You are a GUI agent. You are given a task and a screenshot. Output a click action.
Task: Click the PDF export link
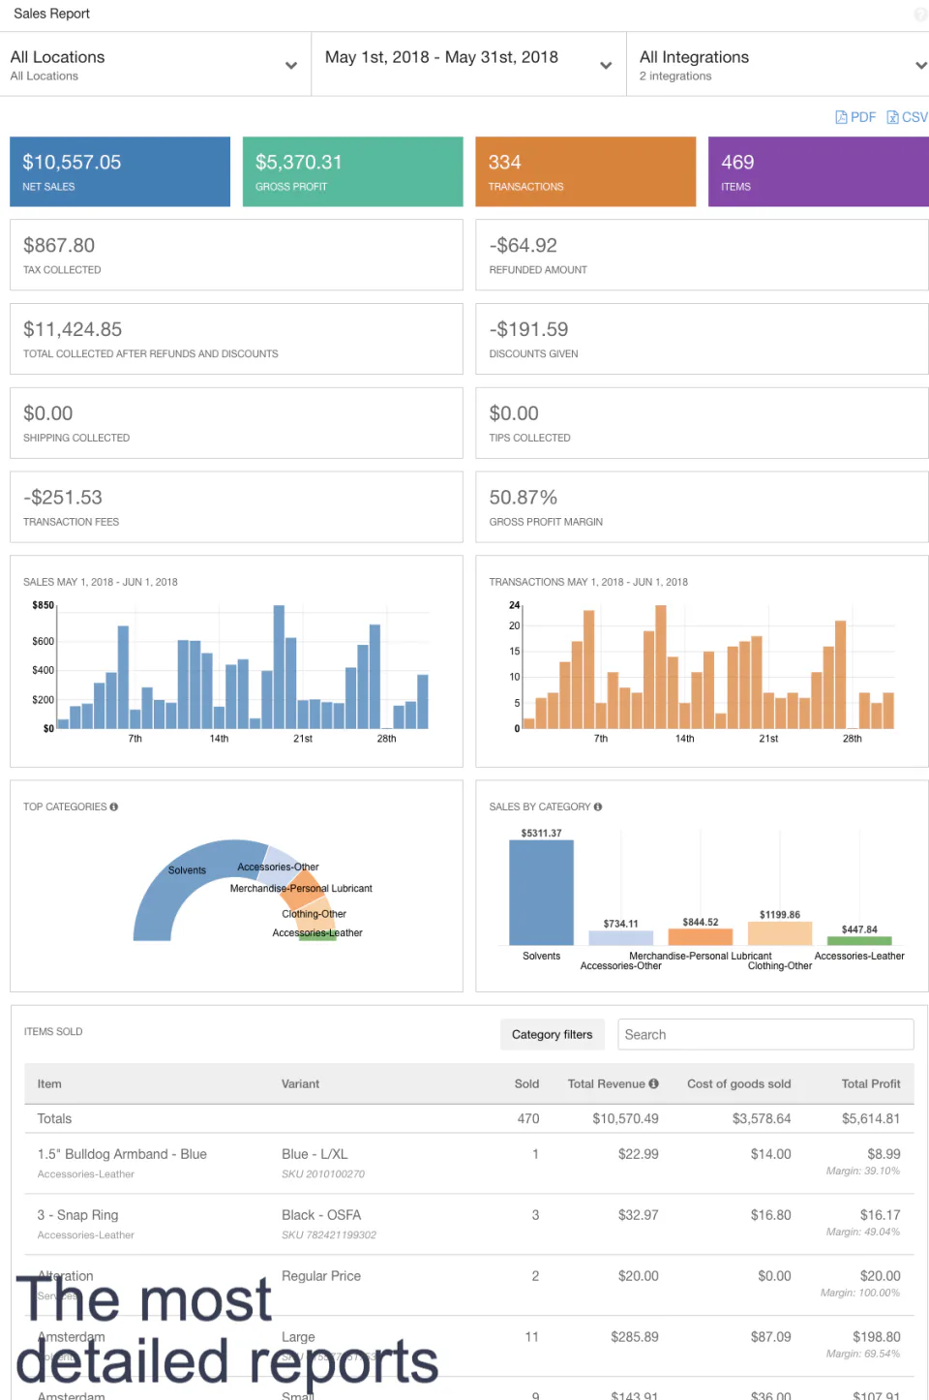(x=855, y=117)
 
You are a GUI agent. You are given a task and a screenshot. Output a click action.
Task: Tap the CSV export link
(x=908, y=117)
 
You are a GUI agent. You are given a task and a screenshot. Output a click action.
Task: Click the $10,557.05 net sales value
(x=72, y=163)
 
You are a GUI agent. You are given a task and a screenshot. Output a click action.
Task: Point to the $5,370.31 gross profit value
(x=298, y=163)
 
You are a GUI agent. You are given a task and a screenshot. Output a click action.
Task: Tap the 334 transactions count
(x=504, y=163)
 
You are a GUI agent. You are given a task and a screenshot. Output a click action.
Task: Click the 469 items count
(x=737, y=163)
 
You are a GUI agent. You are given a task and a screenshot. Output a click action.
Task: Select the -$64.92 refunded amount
(x=523, y=246)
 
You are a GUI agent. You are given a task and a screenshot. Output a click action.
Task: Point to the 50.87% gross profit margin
(x=523, y=498)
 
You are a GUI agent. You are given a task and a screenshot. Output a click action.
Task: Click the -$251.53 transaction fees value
(x=63, y=498)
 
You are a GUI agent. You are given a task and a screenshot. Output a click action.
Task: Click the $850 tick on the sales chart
(x=43, y=605)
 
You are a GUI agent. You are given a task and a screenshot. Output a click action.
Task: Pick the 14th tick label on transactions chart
(x=684, y=739)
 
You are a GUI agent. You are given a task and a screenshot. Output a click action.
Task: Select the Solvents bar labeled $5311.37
(x=541, y=893)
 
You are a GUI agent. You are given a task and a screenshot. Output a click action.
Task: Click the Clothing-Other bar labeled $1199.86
(x=779, y=933)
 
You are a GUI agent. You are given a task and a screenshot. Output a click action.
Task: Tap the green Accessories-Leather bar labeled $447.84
(x=859, y=940)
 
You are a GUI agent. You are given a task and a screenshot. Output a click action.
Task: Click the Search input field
(x=764, y=1034)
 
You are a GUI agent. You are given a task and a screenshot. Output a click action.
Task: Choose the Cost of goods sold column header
(x=738, y=1084)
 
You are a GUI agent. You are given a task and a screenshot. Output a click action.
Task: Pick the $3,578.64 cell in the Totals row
(x=761, y=1119)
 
